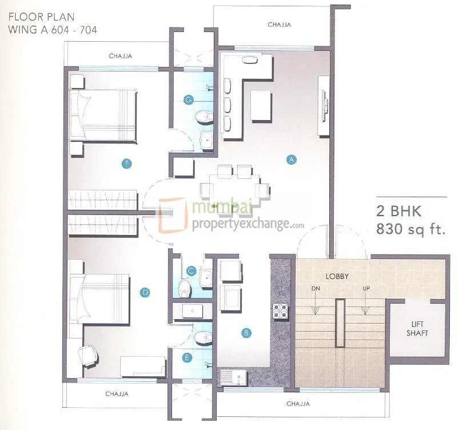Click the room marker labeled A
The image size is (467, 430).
coord(291,160)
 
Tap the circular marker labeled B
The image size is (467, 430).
coord(246,332)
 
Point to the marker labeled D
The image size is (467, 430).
coord(145,293)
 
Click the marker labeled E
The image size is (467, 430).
coord(186,359)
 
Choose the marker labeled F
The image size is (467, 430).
coord(127,164)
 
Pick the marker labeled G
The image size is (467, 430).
coord(187,99)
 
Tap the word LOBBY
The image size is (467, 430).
coord(337,276)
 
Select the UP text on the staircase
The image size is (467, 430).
coord(366,289)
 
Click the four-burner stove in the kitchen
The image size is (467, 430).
coord(280,310)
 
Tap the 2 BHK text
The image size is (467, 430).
coord(399,211)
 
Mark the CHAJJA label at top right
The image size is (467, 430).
coord(280,25)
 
